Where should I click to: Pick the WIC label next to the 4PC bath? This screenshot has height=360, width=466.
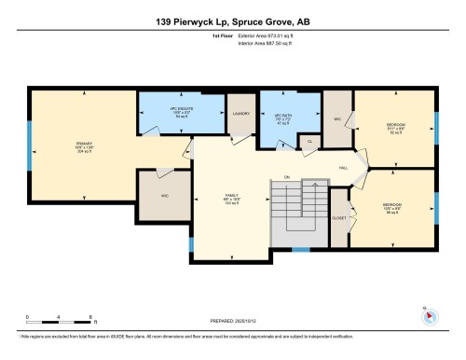pyautogui.click(x=337, y=120)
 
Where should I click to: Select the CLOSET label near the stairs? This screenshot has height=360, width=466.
pyautogui.click(x=339, y=216)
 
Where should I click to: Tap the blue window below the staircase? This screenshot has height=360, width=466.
pyautogui.click(x=300, y=249)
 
